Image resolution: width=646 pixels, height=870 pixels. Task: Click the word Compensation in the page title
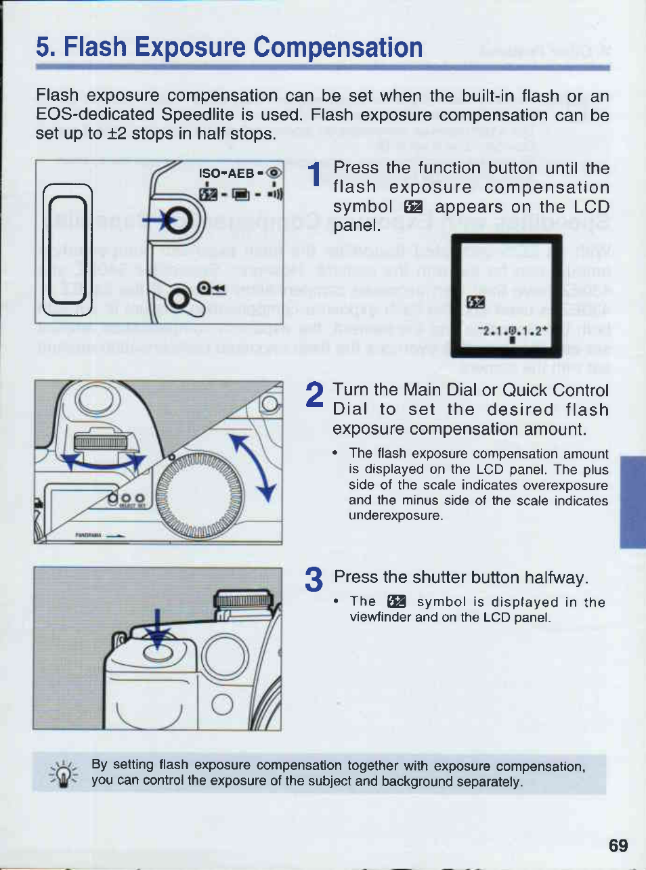pyautogui.click(x=338, y=47)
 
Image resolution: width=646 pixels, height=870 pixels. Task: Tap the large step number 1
pyautogui.click(x=314, y=175)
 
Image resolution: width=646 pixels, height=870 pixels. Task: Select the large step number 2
pyautogui.click(x=314, y=395)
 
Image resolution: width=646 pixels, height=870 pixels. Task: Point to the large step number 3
pyautogui.click(x=314, y=580)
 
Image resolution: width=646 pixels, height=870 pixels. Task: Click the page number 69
pyautogui.click(x=618, y=846)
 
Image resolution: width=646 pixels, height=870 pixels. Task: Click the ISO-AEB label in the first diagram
pyautogui.click(x=226, y=173)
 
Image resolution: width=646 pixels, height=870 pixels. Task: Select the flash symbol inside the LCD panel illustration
pyautogui.click(x=476, y=302)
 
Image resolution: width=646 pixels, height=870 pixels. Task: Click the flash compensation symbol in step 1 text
pyautogui.click(x=412, y=207)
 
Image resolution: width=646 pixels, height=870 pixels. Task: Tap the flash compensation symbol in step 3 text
pyautogui.click(x=396, y=602)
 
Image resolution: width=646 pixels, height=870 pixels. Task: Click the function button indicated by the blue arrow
pyautogui.click(x=180, y=220)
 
